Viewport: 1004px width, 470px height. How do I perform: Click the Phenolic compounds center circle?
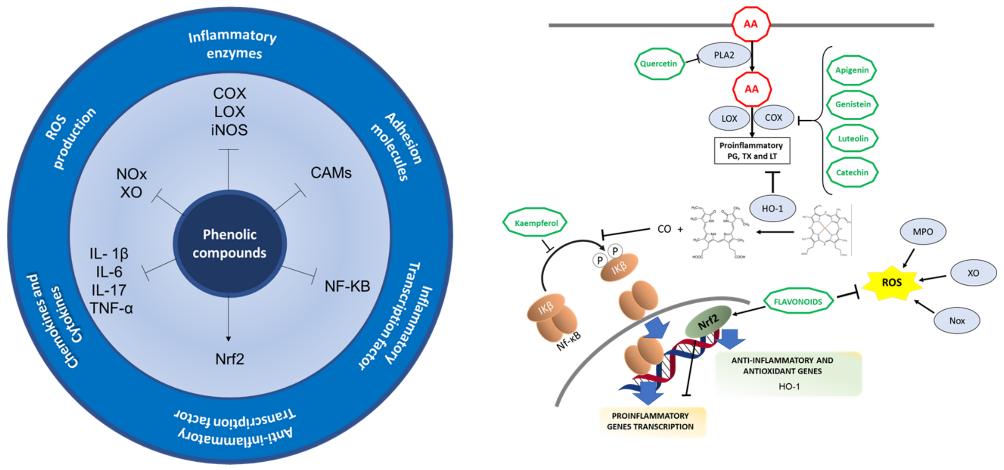230,244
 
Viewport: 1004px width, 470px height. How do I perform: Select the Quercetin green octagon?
659,64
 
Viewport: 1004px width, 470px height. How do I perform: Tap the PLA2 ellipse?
724,55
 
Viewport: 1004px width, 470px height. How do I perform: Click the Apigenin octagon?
852,70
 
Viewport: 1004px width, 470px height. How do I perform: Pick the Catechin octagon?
852,172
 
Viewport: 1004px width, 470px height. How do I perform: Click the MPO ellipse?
922,232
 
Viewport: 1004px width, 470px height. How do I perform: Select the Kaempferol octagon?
536,223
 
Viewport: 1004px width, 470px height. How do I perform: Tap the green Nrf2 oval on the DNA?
708,322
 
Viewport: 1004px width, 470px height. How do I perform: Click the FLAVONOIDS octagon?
798,301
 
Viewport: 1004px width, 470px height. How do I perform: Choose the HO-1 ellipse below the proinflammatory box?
772,209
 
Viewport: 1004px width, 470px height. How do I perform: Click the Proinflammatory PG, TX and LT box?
751,150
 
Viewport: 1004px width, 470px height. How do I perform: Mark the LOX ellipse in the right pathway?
729,119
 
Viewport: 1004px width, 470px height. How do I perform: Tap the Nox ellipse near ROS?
957,321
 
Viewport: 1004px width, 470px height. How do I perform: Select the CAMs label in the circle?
331,173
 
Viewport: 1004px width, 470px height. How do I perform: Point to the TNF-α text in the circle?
111,308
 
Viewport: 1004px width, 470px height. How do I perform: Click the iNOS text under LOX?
229,130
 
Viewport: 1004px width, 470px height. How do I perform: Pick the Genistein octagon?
852,104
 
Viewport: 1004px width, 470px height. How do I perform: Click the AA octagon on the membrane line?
751,24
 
